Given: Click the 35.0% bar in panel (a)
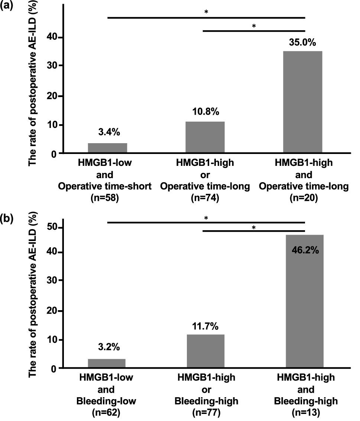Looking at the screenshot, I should click(304, 102).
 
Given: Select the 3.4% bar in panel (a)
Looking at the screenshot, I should click(107, 148).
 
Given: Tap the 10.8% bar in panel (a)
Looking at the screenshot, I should click(205, 137).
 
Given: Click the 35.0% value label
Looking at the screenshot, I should click(302, 43).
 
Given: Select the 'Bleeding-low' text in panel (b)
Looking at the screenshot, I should click(106, 401).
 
